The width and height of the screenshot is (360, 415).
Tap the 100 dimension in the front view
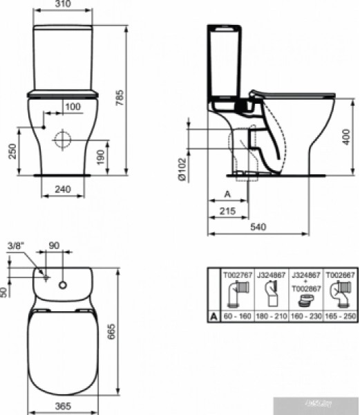72,106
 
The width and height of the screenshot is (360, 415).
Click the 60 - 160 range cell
234,316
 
